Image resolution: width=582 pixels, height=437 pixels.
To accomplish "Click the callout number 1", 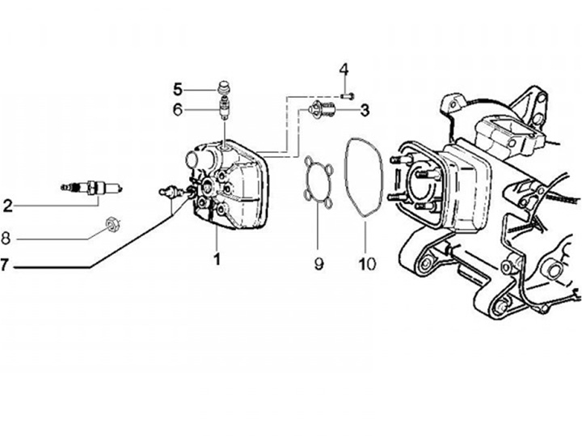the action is [216, 259].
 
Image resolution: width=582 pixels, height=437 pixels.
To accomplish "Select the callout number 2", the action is [8, 206].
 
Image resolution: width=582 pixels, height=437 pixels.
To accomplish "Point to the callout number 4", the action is [343, 70].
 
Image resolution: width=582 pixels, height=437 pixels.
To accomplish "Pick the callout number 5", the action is [179, 88].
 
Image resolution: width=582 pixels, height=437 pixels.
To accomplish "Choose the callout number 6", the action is [179, 109].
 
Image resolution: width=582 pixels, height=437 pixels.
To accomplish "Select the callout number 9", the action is [318, 262].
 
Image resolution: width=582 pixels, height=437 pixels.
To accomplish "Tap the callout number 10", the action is [368, 262].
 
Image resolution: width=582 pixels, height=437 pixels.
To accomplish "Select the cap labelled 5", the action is [225, 87].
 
